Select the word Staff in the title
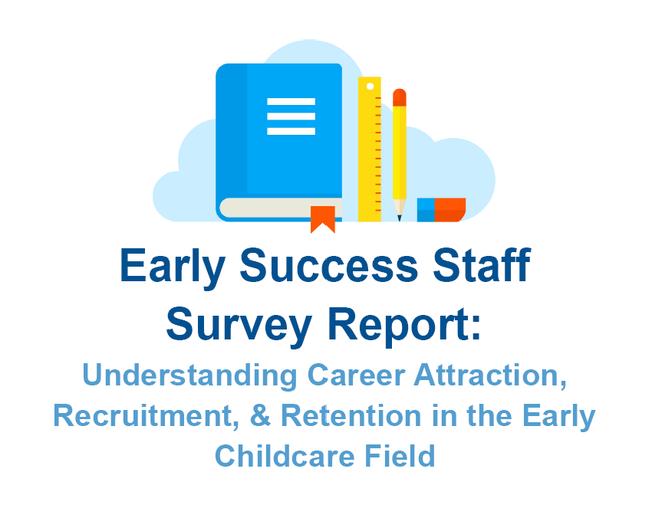pyautogui.click(x=478, y=266)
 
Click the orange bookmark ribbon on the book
pyautogui.click(x=323, y=218)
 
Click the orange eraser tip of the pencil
pyautogui.click(x=400, y=97)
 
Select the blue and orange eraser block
pyautogui.click(x=441, y=210)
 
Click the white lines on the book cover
pyautogui.click(x=291, y=116)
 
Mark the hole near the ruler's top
pyautogui.click(x=370, y=87)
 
